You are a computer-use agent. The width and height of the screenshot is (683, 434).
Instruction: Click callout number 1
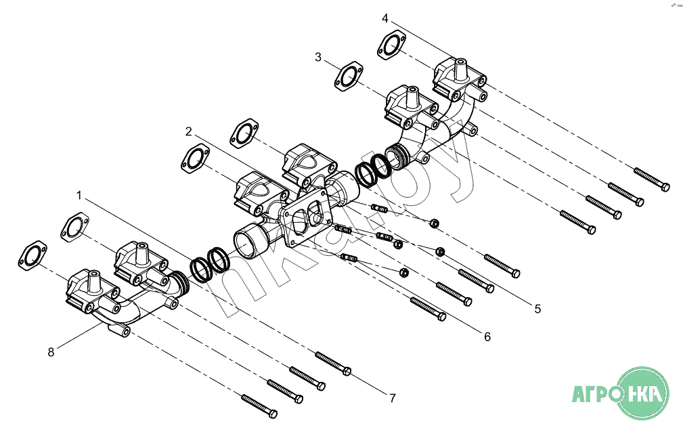[x=79, y=196]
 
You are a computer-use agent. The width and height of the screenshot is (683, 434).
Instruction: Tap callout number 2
[x=188, y=131]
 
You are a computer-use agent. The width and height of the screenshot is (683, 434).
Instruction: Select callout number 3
[x=318, y=57]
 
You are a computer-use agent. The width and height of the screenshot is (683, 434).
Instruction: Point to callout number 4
[x=384, y=18]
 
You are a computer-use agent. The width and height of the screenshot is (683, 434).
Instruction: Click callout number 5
[x=537, y=309]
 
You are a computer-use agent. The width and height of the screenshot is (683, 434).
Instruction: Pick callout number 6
[x=487, y=337]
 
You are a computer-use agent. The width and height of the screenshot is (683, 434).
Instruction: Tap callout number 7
[x=393, y=398]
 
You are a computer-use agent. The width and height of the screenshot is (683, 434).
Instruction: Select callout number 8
[x=51, y=352]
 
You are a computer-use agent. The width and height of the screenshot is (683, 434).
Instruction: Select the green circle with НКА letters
[x=643, y=393]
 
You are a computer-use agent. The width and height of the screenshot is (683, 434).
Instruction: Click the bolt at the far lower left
[x=259, y=406]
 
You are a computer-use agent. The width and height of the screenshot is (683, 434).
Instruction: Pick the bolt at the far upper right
[x=652, y=179]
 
